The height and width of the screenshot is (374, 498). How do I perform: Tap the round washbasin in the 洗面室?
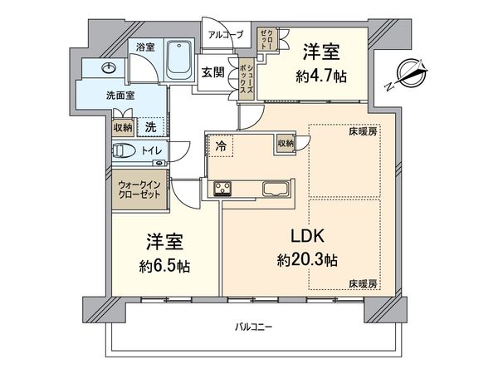coord(110,68)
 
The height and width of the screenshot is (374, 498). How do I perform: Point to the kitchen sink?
coord(275,188)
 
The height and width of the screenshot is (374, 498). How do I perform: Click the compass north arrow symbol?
coord(410,72)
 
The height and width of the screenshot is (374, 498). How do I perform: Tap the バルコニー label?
coord(254,326)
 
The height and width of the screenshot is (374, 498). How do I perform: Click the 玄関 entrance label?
coord(212,72)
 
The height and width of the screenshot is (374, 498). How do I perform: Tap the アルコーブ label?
coord(225,35)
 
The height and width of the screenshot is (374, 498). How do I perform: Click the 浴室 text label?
coord(145,47)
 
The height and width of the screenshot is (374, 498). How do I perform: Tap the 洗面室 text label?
coord(120,96)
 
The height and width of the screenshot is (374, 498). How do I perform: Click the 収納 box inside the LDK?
coord(286,144)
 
